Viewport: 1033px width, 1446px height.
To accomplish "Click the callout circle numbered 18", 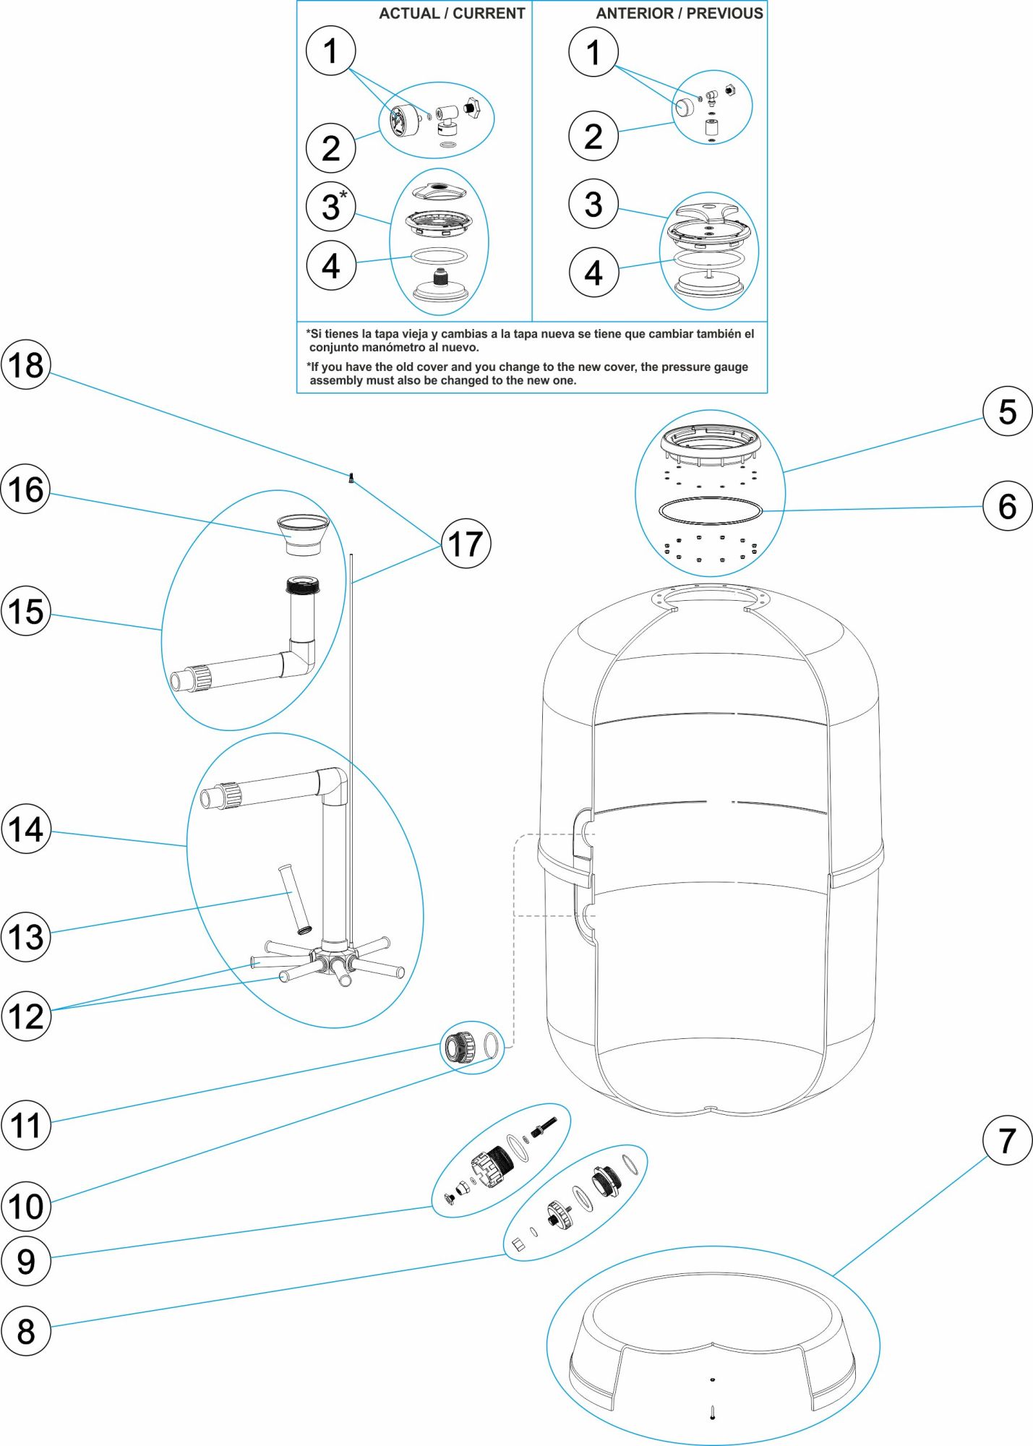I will coord(26,365).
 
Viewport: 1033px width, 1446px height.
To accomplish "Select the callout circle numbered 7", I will coord(1007,1140).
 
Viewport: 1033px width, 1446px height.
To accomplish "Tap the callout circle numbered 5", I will coord(1007,411).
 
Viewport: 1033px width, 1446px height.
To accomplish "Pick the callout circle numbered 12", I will coord(26,1016).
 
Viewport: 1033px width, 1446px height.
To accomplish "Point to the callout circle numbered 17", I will coord(466,544).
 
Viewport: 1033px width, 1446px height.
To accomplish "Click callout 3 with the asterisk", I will coord(331,207).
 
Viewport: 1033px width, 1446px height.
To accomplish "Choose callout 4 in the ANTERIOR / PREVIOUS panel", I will coord(593,273).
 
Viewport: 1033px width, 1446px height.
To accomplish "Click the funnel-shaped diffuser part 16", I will coord(304,534).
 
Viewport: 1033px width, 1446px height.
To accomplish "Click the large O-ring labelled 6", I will coord(710,510).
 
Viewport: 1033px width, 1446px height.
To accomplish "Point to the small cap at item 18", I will coord(351,477).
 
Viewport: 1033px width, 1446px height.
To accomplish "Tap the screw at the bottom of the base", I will coord(712,1411).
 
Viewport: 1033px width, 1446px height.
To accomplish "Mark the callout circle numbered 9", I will coord(26,1261).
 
